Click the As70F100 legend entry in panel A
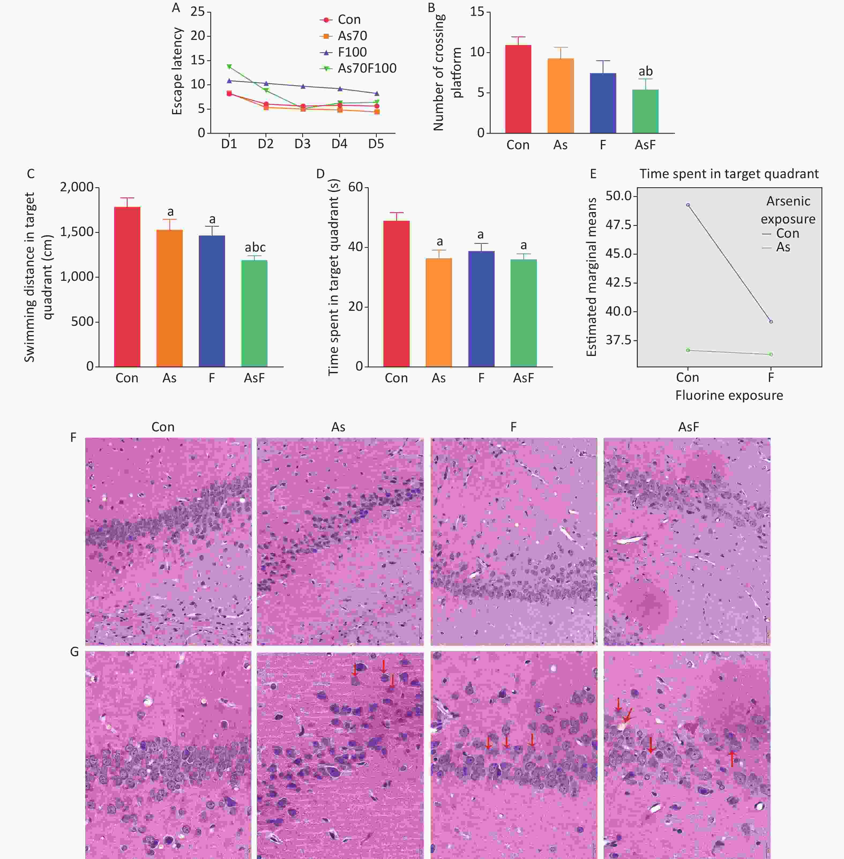[367, 68]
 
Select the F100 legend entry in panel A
[352, 52]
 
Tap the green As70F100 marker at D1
[229, 66]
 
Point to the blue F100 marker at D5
[377, 94]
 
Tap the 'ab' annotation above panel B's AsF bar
[645, 71]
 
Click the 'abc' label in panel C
[255, 247]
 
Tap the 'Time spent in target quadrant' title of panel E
[729, 174]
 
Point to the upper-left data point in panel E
[688, 205]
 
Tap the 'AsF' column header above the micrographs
[688, 427]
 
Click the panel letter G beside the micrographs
[74, 652]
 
